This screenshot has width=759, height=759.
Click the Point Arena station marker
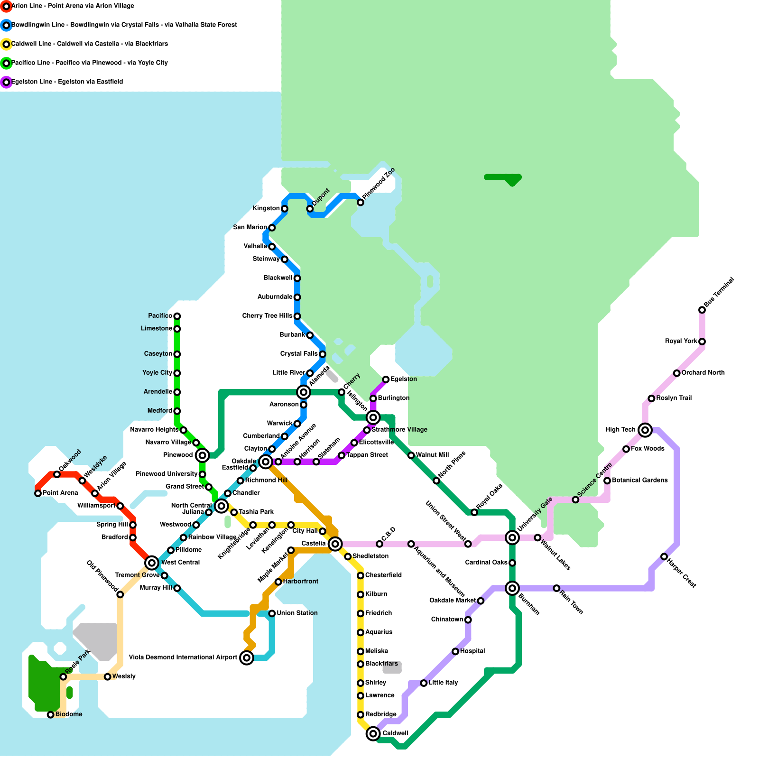(38, 493)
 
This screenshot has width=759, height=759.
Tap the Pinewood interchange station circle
(203, 455)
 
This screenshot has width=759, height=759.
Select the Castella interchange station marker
(335, 544)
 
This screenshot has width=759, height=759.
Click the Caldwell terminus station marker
(373, 733)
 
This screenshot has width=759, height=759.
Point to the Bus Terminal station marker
(702, 310)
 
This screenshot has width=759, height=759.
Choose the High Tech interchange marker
(645, 430)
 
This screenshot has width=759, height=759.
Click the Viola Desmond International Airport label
(183, 657)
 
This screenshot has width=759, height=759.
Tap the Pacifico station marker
(177, 316)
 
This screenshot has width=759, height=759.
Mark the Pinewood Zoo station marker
(361, 203)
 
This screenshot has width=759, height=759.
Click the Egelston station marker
(386, 379)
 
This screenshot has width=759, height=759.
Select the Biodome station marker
(51, 714)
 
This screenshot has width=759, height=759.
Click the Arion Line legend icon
(6, 6)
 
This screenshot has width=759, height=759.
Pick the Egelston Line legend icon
(6, 82)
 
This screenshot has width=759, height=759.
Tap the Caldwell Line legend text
(90, 44)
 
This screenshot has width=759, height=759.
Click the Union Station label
(297, 613)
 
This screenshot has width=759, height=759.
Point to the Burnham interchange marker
(512, 588)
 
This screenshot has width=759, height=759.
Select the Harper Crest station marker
(664, 556)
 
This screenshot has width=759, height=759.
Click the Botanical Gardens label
(639, 480)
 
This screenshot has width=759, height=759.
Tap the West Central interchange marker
(152, 563)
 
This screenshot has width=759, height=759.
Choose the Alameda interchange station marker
(304, 392)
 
